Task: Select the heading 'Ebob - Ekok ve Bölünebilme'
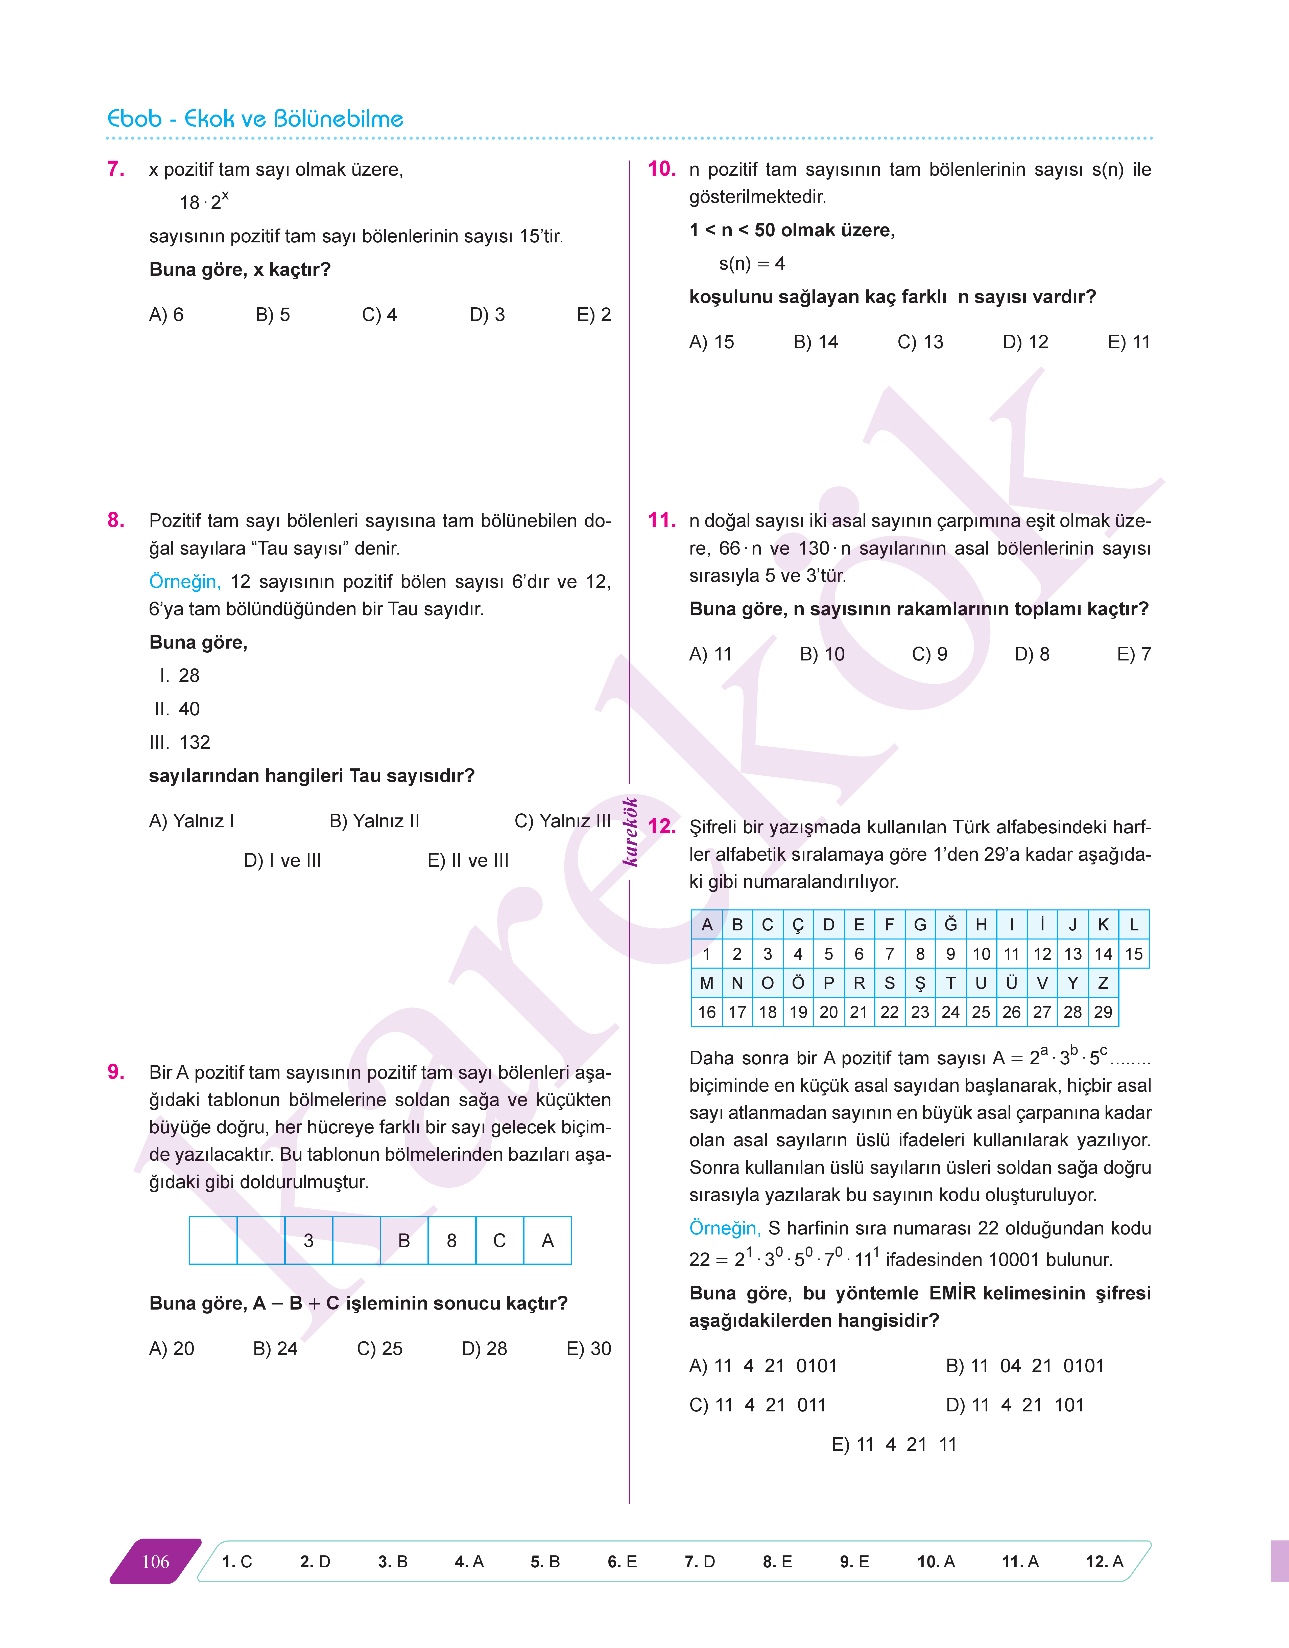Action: point(255,119)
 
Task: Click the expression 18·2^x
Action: point(204,201)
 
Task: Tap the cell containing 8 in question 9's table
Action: point(451,1240)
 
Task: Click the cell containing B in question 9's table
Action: point(404,1240)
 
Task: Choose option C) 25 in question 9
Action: point(380,1348)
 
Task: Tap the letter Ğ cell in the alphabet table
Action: point(950,924)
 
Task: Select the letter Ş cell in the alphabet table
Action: point(920,983)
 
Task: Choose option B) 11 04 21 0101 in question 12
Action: point(1025,1366)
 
